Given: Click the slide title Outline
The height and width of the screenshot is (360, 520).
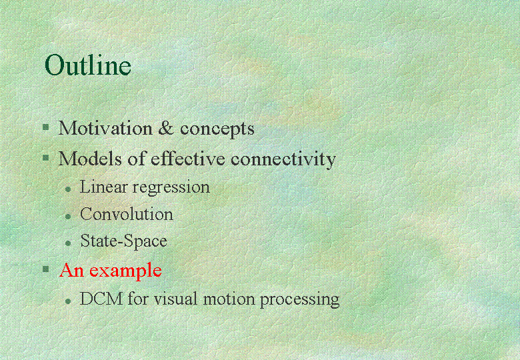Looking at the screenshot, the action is point(88,65).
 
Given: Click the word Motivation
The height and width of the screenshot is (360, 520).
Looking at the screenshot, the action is point(105,128).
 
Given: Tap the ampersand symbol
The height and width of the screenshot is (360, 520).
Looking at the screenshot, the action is point(166,128).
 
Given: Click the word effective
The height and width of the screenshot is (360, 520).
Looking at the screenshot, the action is point(188,158).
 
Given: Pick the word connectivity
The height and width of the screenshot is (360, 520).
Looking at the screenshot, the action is point(283,160).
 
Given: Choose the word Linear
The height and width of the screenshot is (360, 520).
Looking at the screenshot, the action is point(103,187).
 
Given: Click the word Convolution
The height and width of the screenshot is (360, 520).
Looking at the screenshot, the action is point(127,214).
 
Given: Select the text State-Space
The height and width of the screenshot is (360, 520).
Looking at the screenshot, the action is point(124,241).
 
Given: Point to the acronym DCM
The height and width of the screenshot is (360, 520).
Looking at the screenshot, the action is point(101,299).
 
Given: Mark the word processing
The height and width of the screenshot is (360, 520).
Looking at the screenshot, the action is point(299,300).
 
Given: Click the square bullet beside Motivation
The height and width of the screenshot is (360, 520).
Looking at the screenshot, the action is point(46,127).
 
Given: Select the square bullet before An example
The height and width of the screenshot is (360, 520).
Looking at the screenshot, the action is point(46,269).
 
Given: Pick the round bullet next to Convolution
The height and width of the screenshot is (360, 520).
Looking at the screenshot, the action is point(68,217).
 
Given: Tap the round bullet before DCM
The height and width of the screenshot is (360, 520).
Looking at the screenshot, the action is point(68,301).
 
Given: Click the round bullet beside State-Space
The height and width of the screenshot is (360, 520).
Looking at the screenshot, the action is point(68,243).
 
